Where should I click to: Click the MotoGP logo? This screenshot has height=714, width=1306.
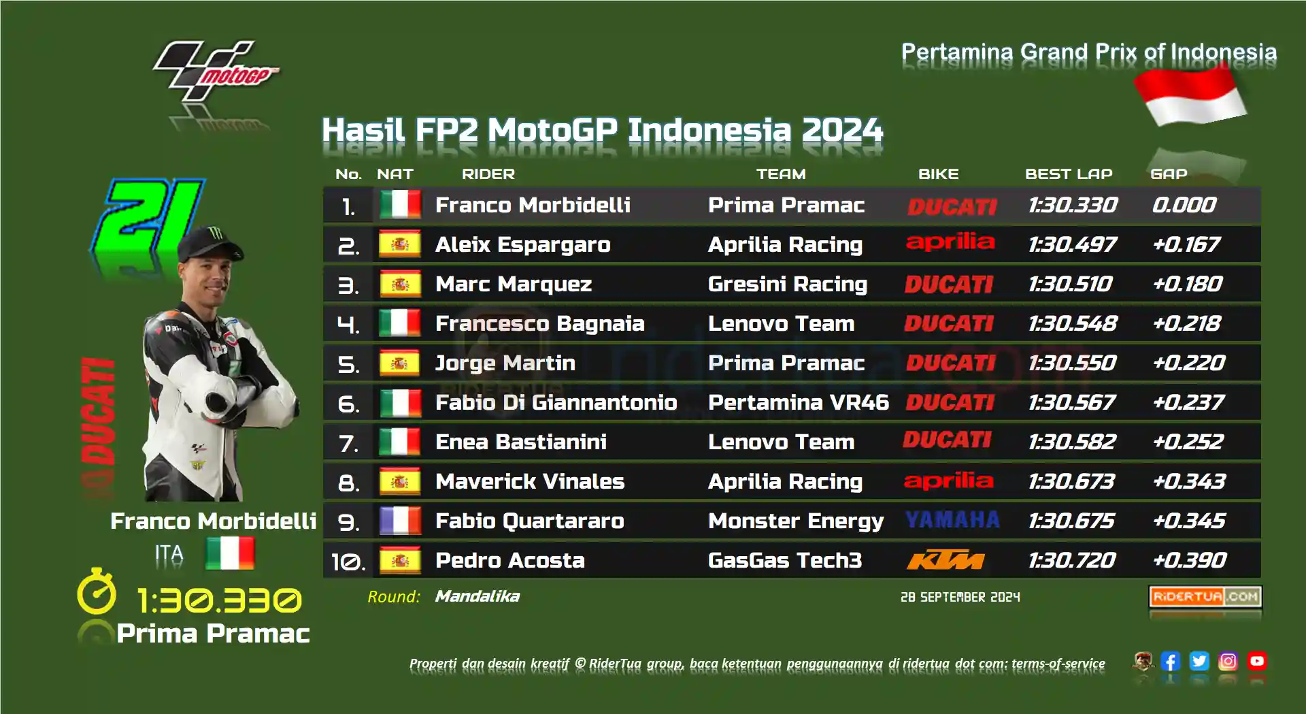216,71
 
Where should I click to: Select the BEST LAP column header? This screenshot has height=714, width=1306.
1069,174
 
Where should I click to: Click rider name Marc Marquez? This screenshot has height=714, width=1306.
514,284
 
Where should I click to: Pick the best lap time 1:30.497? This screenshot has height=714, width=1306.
1072,244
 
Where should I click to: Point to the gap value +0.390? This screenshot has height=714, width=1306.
1189,560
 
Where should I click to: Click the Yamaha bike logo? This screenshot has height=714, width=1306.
952,520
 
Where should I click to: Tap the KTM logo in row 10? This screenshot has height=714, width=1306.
945,560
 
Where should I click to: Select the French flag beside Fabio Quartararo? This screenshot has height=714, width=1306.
400,521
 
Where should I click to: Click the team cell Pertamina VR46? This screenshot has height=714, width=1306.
798,402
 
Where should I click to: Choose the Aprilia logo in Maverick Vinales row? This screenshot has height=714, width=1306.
948,481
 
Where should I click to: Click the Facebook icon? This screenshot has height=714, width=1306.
1170,661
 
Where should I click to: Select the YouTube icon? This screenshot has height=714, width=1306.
1257,661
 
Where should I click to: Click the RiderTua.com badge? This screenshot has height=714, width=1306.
1205,597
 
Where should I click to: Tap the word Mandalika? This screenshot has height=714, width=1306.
477,596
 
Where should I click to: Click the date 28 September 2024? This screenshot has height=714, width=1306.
960,597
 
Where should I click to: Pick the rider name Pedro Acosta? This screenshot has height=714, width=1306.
509,560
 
